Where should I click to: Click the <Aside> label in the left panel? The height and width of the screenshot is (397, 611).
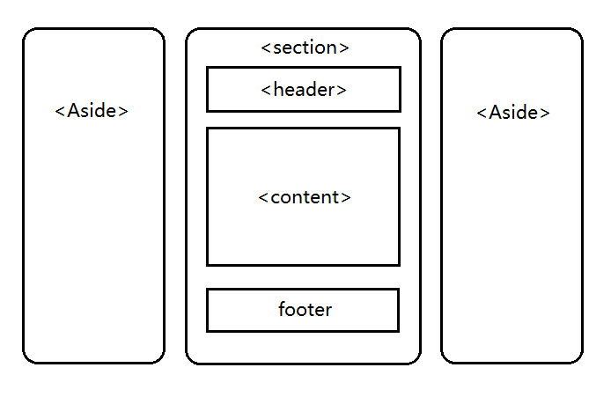[92, 111]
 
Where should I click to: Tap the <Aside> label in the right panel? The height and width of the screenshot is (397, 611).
[513, 113]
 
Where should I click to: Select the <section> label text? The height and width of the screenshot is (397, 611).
[305, 48]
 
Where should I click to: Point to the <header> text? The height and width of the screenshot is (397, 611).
[304, 89]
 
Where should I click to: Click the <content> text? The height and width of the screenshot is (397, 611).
[305, 197]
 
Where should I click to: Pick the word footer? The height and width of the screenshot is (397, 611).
[305, 309]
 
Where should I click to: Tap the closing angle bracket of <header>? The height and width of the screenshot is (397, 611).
[342, 90]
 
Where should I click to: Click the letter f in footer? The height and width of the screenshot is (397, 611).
[282, 309]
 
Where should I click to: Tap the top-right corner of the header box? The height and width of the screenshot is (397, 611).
[400, 68]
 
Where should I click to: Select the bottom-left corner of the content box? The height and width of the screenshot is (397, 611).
[208, 264]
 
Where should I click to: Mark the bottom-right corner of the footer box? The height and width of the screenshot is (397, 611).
[398, 330]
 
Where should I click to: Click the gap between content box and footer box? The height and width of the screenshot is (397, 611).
[304, 276]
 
